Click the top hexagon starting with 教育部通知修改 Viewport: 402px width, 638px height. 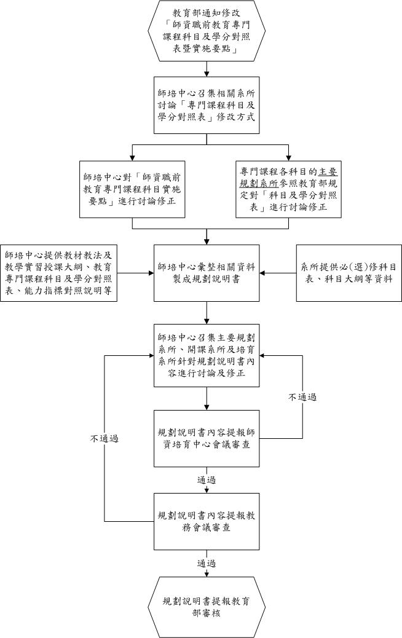(x=207, y=31)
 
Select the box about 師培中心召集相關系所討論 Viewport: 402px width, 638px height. (x=207, y=105)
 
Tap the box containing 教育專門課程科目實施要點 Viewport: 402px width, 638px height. (x=132, y=189)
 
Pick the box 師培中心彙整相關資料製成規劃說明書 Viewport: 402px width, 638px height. (x=207, y=273)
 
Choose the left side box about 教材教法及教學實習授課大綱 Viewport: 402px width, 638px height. (x=58, y=273)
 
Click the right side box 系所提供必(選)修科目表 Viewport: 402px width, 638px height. (x=349, y=273)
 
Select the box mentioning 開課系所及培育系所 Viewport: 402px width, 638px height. (x=207, y=356)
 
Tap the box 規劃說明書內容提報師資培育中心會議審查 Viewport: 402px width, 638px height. (x=207, y=438)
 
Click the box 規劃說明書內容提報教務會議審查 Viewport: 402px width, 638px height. (x=207, y=521)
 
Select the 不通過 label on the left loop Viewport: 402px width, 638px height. (x=104, y=439)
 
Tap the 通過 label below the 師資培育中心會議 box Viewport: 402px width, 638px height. (x=207, y=480)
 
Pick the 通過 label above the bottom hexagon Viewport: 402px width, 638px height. (x=207, y=564)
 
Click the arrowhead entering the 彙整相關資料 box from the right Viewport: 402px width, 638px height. (x=262, y=273)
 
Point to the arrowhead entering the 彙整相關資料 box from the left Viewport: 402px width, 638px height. (x=151, y=273)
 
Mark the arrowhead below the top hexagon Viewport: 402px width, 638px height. (x=207, y=74)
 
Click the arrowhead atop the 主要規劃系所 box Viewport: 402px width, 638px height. (x=288, y=158)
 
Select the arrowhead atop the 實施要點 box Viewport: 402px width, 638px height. (x=133, y=158)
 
